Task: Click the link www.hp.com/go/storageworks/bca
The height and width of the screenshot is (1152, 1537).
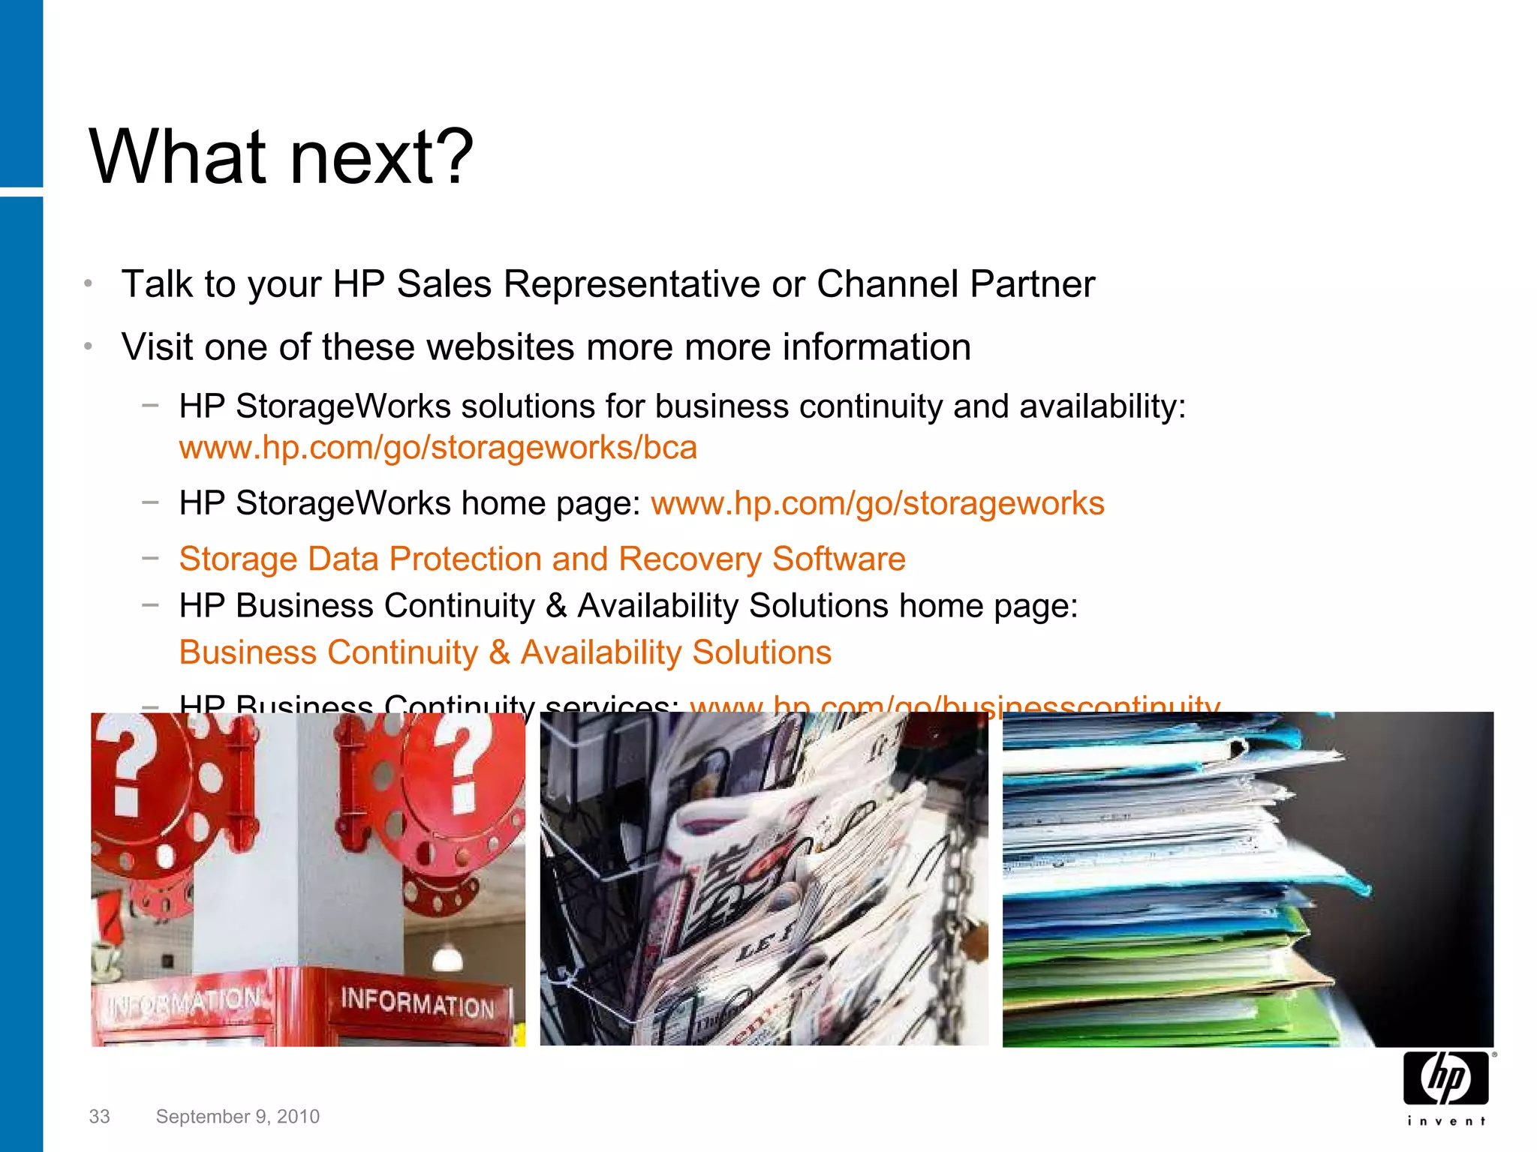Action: (438, 448)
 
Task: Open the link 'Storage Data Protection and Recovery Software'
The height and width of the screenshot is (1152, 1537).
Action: (542, 559)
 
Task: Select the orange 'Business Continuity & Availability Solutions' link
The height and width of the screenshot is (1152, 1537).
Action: (505, 652)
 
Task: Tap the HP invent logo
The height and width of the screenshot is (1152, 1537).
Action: (1446, 1086)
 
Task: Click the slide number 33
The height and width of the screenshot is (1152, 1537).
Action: (99, 1117)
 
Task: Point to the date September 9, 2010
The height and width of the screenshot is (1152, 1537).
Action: (237, 1117)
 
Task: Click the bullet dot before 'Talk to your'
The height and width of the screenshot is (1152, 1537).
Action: (88, 283)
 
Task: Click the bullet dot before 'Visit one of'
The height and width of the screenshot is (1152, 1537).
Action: (88, 346)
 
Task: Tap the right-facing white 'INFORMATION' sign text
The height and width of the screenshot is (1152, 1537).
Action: (417, 1003)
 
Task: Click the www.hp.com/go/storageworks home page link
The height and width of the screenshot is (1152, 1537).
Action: (877, 503)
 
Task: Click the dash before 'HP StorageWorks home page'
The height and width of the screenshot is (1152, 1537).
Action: (150, 502)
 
